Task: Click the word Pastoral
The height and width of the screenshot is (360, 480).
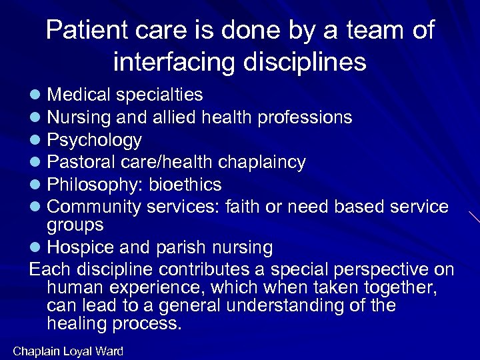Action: tap(81, 162)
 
